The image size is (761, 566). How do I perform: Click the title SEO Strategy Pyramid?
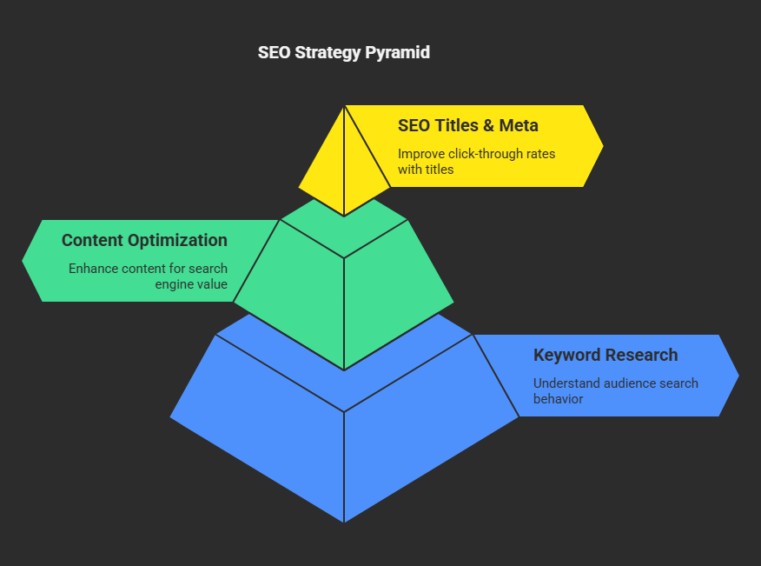pos(344,52)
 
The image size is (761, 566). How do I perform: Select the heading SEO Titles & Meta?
pos(468,125)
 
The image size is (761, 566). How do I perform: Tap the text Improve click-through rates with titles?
pos(477,162)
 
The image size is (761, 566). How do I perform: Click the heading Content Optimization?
pos(144,240)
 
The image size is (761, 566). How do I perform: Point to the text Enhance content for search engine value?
pos(148,276)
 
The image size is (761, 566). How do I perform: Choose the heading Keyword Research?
pos(605,355)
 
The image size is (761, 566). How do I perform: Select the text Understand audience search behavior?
pos(615,390)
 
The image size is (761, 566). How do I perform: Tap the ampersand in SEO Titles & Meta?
pos(489,125)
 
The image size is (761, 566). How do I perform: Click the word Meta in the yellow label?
pos(519,125)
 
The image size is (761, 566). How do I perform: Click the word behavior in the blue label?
pos(558,399)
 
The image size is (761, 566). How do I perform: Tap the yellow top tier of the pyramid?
pos(344,161)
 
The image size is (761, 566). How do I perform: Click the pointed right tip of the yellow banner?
pos(603,146)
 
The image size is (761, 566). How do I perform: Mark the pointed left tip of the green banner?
pos(23,261)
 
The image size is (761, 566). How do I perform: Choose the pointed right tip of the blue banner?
pos(738,376)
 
